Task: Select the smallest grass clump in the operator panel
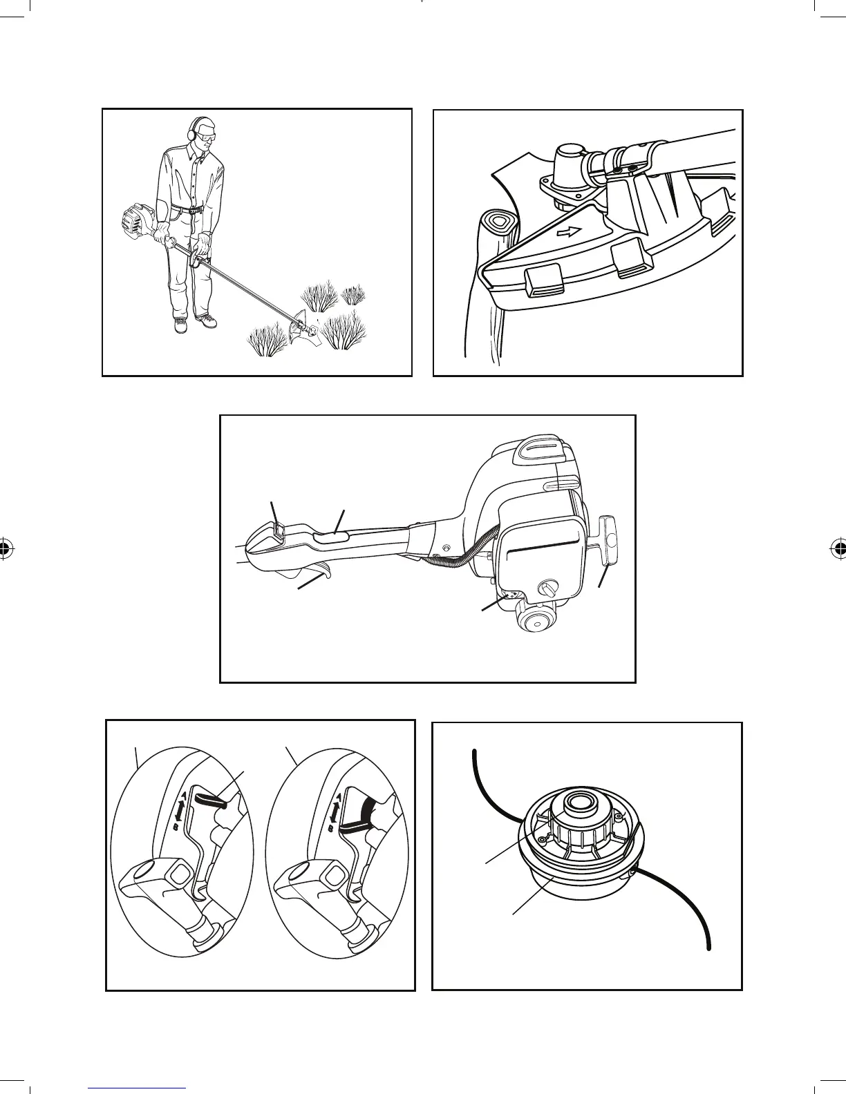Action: pos(354,295)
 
